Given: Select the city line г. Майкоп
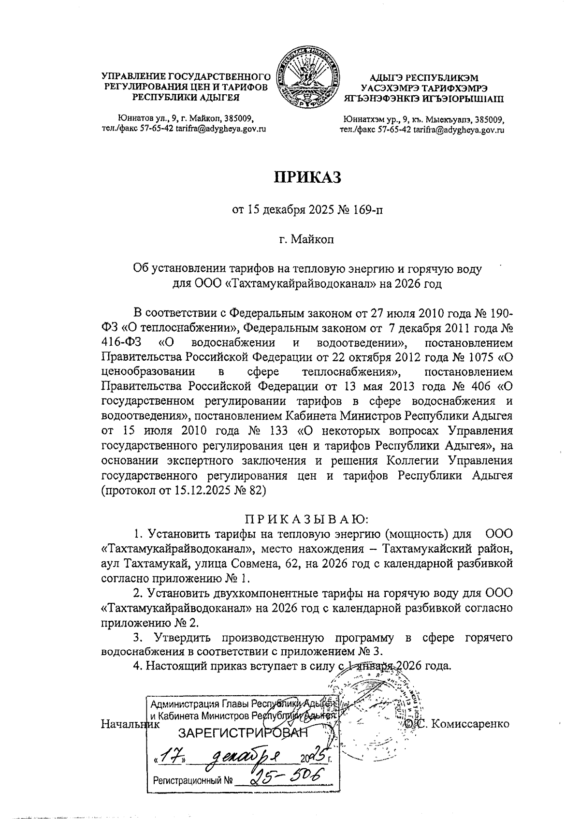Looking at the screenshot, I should (x=307, y=239).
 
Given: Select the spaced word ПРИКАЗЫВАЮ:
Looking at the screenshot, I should (x=307, y=520).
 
